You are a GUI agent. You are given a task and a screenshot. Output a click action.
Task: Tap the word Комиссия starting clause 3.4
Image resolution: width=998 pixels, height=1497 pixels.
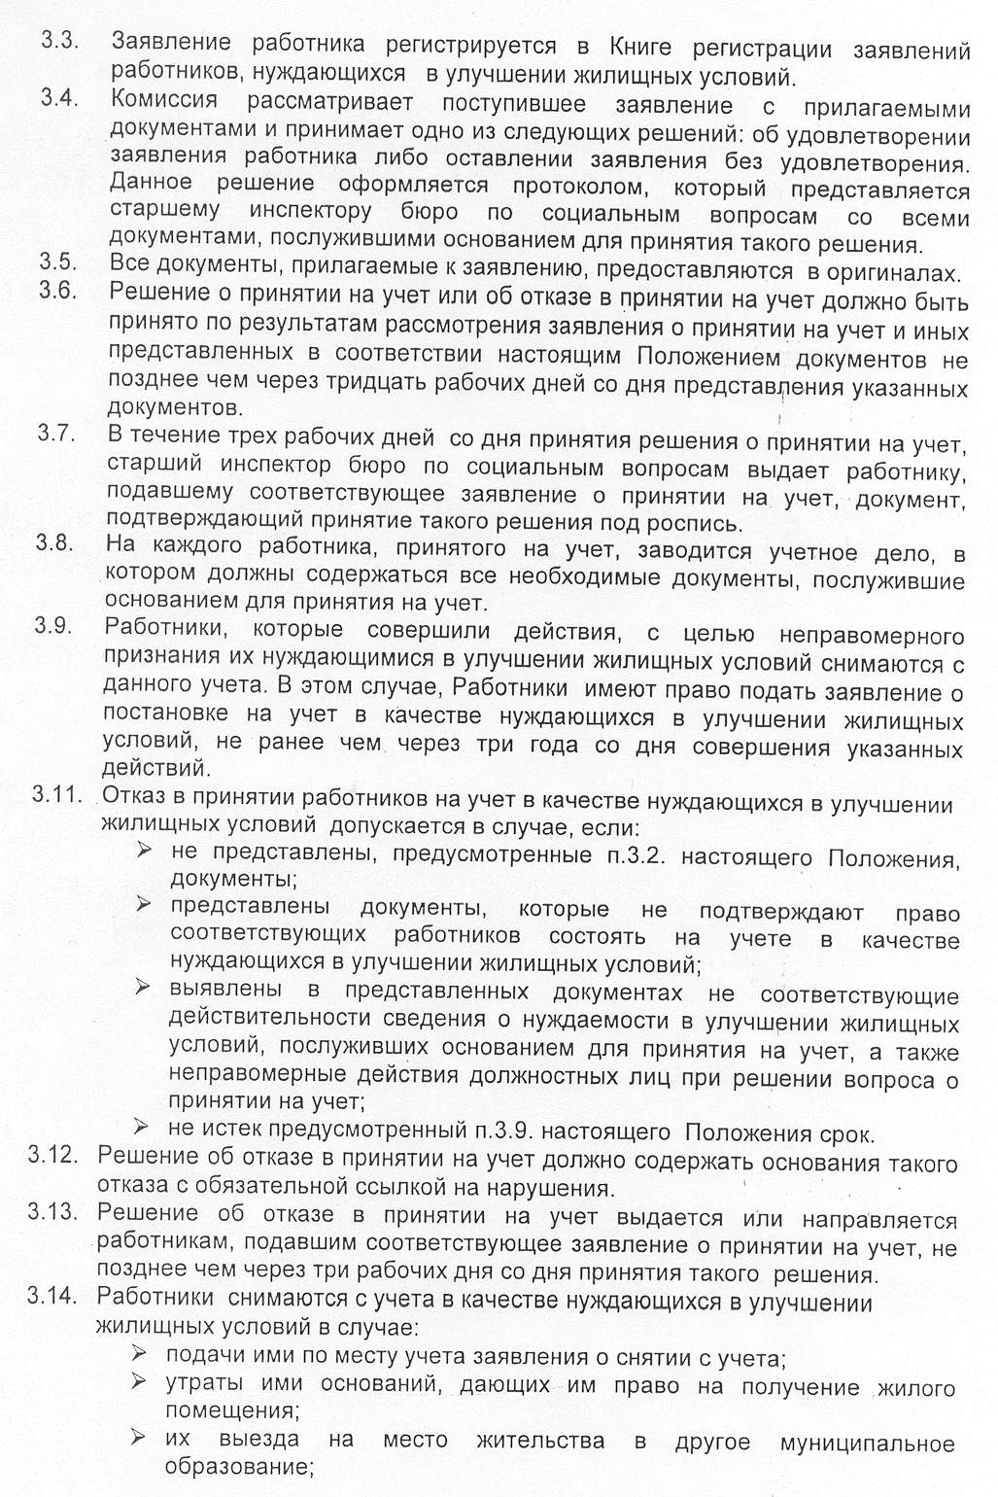click(x=163, y=100)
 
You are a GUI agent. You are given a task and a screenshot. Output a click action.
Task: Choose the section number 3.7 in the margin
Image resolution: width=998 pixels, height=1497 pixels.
click(x=56, y=434)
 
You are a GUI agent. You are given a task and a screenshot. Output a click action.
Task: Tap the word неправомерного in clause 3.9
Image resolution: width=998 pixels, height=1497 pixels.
click(x=872, y=636)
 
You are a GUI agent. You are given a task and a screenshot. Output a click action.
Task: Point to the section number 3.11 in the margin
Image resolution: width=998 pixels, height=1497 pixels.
click(x=55, y=794)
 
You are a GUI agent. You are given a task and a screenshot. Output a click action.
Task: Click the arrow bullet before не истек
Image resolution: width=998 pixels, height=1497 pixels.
click(x=141, y=1128)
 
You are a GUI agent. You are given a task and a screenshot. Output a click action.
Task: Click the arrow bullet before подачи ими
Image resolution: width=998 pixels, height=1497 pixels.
click(x=139, y=1353)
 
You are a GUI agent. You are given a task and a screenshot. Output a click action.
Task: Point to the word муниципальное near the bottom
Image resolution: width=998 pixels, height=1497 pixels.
click(x=867, y=1443)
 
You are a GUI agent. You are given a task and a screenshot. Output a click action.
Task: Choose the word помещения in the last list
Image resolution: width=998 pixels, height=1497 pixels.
click(x=231, y=1410)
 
